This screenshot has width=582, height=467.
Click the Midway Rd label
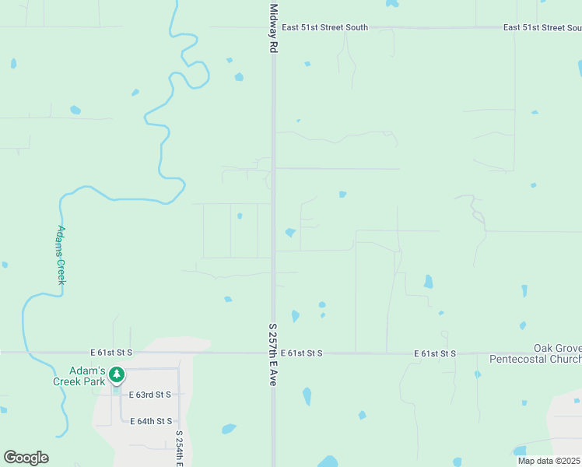tap(273, 29)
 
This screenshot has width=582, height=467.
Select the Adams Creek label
tap(60, 255)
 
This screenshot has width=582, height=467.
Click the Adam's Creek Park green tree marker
tap(116, 375)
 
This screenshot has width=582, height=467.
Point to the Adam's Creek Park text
tap(78, 376)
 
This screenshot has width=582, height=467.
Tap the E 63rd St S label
tap(150, 395)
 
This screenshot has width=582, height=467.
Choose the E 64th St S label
tap(151, 421)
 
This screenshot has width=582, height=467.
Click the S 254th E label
tap(179, 448)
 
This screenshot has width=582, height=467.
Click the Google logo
tap(26, 458)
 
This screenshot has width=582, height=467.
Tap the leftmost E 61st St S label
tap(111, 353)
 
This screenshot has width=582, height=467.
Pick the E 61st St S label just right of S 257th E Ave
tap(302, 353)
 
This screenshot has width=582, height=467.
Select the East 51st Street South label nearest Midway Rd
tap(324, 27)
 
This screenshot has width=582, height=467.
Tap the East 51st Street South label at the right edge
tap(543, 27)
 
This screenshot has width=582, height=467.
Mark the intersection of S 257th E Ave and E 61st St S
tap(273, 353)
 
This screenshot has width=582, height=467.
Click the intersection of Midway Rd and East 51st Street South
tap(273, 27)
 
